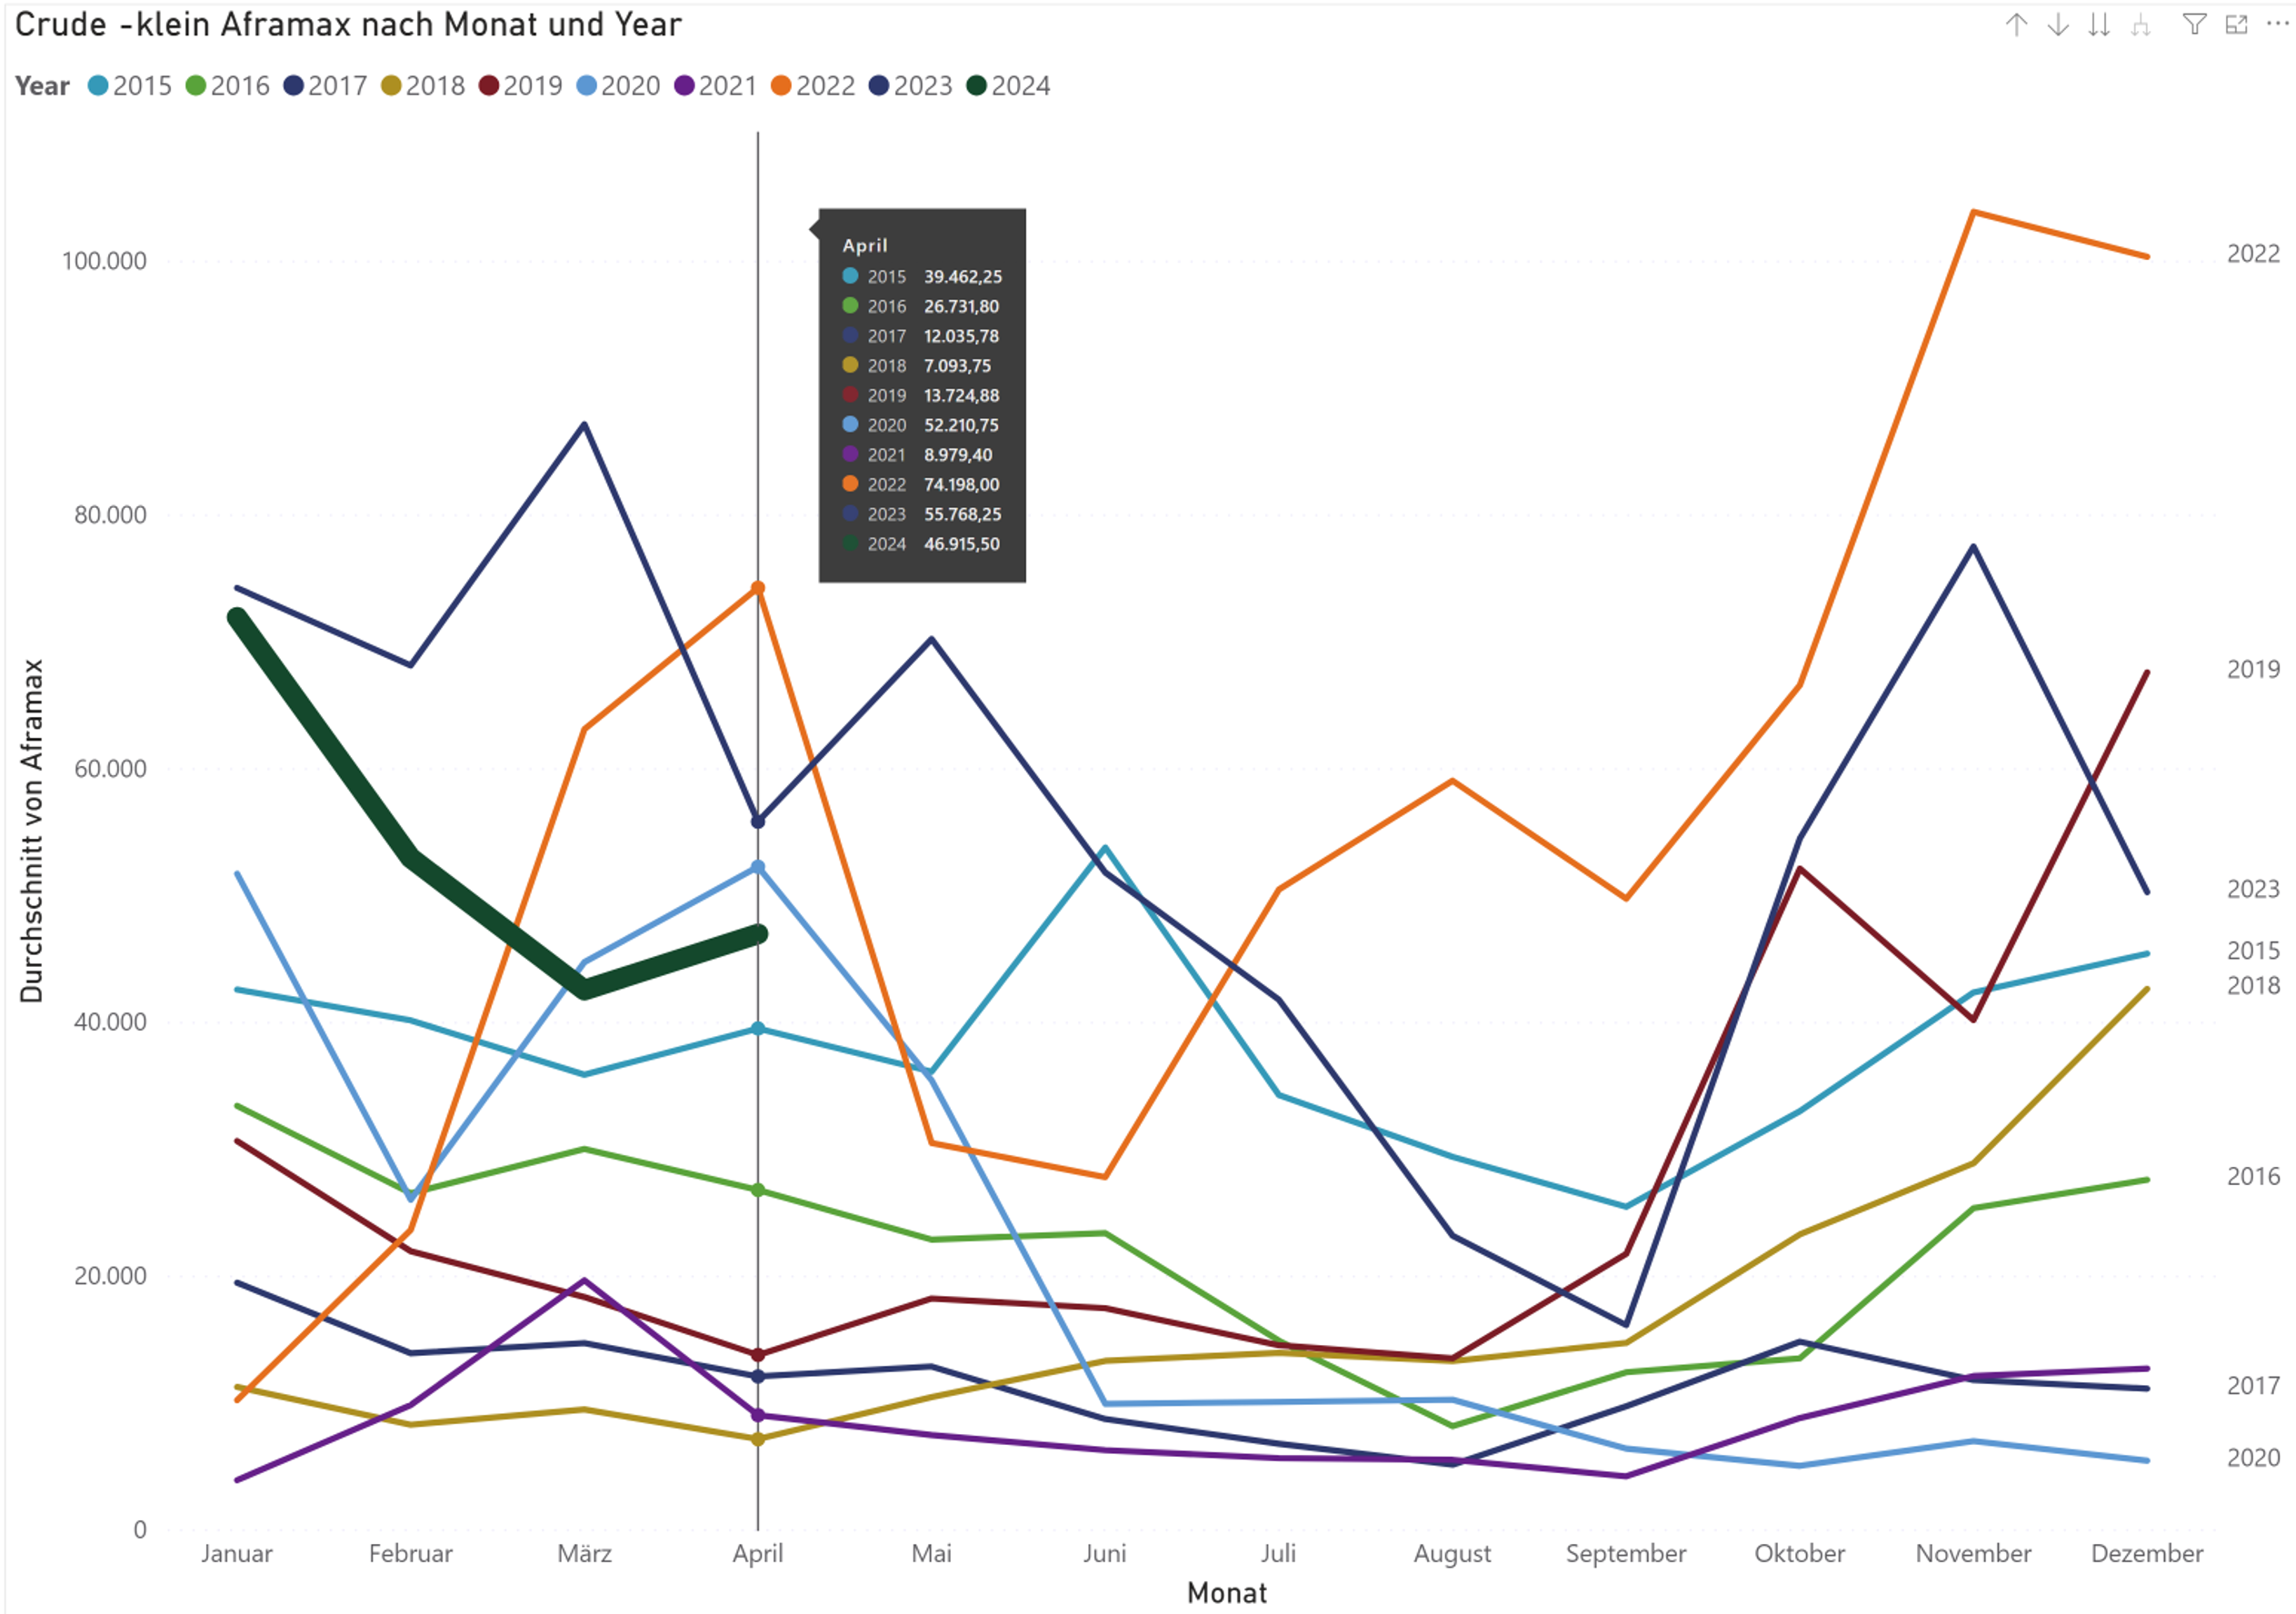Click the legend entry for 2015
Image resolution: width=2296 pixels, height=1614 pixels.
(x=130, y=86)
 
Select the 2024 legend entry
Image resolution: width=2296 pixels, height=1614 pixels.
(x=1009, y=86)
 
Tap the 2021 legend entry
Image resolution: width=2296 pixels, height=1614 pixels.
(x=716, y=86)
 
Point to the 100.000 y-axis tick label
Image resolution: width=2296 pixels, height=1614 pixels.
(x=104, y=261)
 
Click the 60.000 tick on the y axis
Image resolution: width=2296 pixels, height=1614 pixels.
(x=110, y=768)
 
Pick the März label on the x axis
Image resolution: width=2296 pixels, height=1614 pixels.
(x=584, y=1553)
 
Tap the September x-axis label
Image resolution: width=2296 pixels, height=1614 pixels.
(x=1625, y=1553)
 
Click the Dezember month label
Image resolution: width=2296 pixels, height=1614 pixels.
(x=2146, y=1553)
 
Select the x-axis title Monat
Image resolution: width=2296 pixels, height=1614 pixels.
(x=1226, y=1592)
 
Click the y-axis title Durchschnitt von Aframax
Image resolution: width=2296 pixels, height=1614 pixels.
(x=32, y=830)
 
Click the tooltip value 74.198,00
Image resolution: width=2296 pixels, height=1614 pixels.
(x=961, y=485)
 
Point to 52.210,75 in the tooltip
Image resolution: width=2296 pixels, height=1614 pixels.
(x=961, y=425)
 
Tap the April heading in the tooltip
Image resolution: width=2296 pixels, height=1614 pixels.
(x=864, y=246)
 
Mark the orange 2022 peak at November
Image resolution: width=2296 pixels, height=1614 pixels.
(x=1973, y=212)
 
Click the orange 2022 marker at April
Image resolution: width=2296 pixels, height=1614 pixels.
(x=758, y=588)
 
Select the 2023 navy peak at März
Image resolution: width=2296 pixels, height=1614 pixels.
(x=584, y=425)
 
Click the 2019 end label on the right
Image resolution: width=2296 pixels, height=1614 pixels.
(x=2252, y=669)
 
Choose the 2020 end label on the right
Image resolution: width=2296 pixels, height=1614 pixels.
(x=2252, y=1458)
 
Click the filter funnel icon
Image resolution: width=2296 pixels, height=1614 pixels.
(x=2193, y=25)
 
